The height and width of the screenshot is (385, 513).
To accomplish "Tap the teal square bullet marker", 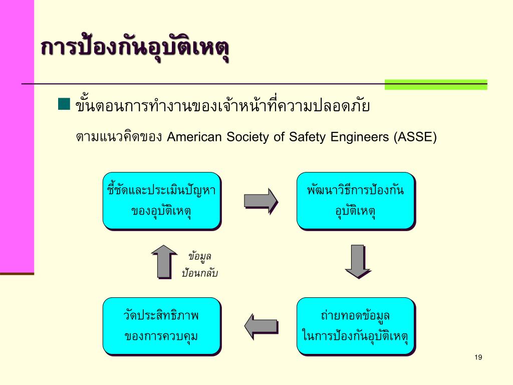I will pyautogui.click(x=64, y=104).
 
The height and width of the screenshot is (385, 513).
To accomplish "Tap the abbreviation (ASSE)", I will pyautogui.click(x=415, y=137).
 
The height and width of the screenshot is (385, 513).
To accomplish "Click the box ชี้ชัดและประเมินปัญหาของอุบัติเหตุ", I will pyautogui.click(x=162, y=201).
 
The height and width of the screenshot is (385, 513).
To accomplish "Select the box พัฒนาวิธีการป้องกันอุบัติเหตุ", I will pyautogui.click(x=356, y=201).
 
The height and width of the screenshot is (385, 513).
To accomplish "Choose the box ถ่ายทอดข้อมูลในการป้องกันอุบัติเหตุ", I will pyautogui.click(x=356, y=326).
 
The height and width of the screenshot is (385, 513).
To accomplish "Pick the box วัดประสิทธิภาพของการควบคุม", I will pyautogui.click(x=162, y=326).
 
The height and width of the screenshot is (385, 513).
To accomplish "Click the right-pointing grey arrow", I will pyautogui.click(x=261, y=201).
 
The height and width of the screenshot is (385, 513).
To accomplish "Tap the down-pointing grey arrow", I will pyautogui.click(x=357, y=261).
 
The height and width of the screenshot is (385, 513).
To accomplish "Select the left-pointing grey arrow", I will pyautogui.click(x=261, y=326).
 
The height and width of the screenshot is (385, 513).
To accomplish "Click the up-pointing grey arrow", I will pyautogui.click(x=164, y=261).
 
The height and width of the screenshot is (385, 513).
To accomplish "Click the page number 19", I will pyautogui.click(x=477, y=357).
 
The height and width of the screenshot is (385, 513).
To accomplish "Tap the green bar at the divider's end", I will pyautogui.click(x=435, y=84).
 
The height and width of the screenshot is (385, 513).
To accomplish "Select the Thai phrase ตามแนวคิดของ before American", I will pyautogui.click(x=119, y=137).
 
